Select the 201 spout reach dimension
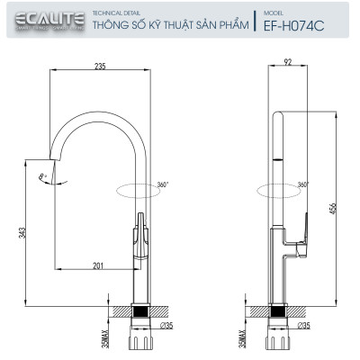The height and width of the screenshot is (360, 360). tap(97, 264)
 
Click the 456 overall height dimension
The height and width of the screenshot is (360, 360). tap(334, 208)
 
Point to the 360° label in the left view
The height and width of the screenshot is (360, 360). tap(162, 184)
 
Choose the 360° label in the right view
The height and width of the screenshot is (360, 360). tap(302, 184)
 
